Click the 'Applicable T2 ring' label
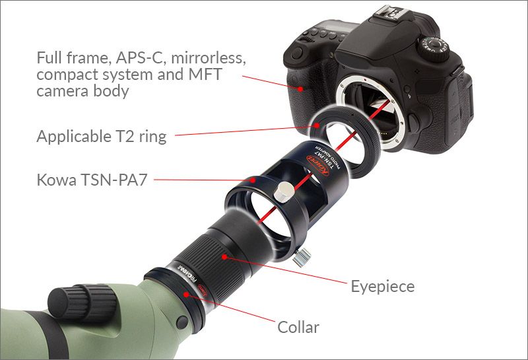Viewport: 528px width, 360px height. [x=101, y=137]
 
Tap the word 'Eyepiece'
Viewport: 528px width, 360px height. [x=383, y=286]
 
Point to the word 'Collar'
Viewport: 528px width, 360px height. [x=298, y=327]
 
